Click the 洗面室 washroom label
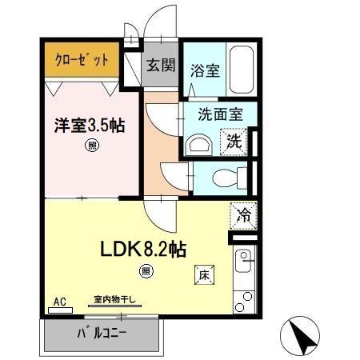(x=226, y=114)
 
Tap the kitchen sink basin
(x=245, y=260)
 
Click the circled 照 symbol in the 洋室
(x=92, y=146)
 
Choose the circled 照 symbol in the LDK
(x=146, y=270)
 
